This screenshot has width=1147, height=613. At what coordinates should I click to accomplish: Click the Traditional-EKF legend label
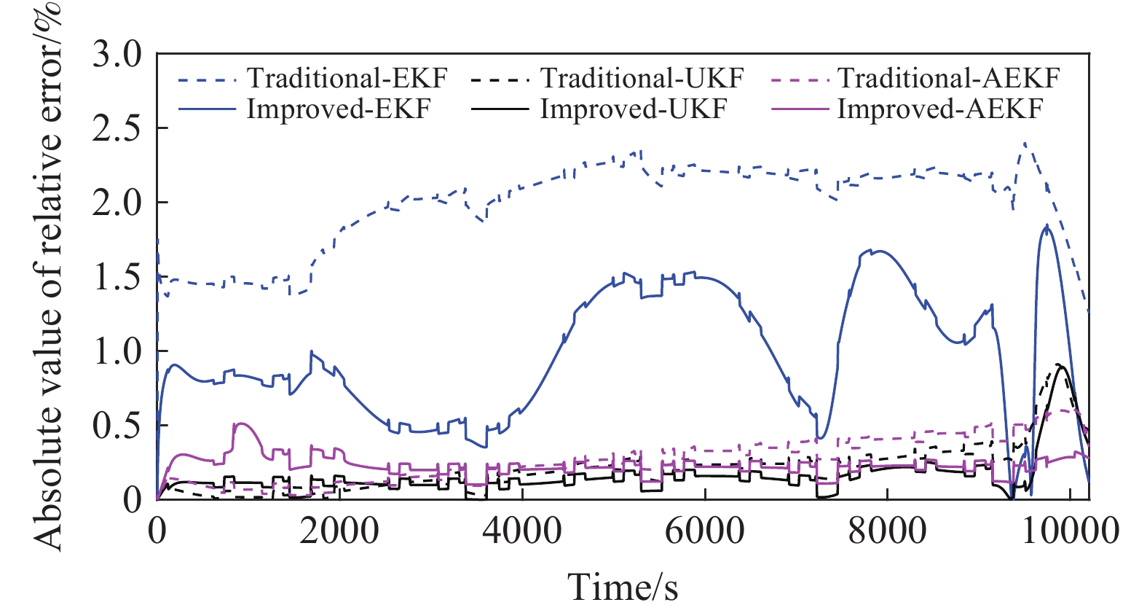pos(347,78)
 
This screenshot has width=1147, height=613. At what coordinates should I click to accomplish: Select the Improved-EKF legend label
pos(339,109)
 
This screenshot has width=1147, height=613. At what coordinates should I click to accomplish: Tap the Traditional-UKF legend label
pos(642,78)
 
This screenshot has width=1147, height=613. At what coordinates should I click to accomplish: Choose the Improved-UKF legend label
pos(634,109)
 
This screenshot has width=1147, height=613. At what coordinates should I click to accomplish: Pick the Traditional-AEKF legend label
pos(948,78)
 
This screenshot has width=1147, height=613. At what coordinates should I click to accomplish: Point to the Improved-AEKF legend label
pos(940,109)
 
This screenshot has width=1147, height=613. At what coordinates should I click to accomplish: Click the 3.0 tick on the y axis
pos(117,55)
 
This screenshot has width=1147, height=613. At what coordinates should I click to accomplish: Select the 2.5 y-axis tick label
pos(117,129)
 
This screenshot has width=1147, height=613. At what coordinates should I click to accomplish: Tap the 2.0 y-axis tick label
pos(117,203)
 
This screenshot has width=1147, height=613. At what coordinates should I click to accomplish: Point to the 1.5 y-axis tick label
pos(117,278)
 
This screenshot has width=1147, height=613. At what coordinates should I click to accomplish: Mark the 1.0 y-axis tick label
pos(117,351)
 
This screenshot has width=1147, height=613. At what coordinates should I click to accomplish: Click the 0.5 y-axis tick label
pos(117,426)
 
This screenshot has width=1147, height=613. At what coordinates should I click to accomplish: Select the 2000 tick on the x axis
pos(339,531)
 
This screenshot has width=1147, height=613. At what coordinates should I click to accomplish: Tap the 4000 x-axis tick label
pos(522,531)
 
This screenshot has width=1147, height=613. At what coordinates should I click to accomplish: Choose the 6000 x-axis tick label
pos(705,531)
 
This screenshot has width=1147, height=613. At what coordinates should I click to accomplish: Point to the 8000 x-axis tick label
pos(887,531)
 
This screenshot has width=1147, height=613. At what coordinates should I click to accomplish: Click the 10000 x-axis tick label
pos(1069,531)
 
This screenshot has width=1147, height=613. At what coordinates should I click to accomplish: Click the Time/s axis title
pos(623,587)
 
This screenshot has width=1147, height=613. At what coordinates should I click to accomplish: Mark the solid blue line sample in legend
pos(208,109)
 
